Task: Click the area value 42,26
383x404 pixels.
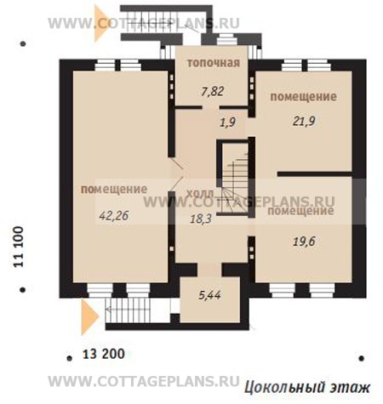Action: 114,216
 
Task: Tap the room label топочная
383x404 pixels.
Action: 214,63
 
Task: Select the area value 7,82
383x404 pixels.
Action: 213,92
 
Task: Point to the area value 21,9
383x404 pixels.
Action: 304,122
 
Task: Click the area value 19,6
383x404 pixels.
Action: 304,242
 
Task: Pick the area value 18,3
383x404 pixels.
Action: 201,219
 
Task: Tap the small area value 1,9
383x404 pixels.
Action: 227,122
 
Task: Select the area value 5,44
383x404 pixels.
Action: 209,295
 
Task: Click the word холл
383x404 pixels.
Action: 200,194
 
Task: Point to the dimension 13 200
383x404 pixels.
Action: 104,354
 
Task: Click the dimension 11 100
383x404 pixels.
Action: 19,247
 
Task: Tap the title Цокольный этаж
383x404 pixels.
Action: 307,387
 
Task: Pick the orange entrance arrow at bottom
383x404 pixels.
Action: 89,317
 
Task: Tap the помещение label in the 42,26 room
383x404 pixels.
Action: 114,189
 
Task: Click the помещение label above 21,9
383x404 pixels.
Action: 304,97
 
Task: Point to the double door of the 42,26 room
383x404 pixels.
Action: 176,174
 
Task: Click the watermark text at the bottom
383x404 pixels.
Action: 144,381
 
